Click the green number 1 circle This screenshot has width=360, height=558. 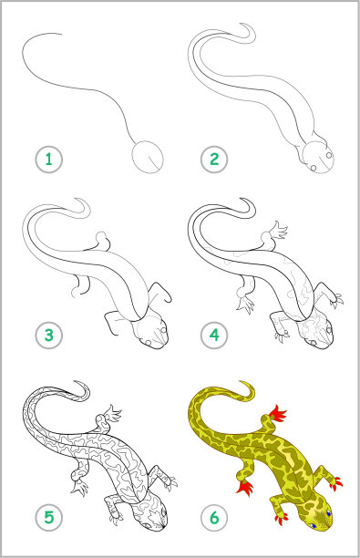(48, 160)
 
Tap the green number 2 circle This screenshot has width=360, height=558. (214, 160)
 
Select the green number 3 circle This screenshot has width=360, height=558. (48, 336)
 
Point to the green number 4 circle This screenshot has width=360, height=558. (214, 336)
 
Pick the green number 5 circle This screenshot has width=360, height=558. (48, 518)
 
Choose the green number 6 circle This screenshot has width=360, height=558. (214, 518)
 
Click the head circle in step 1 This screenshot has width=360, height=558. (148, 157)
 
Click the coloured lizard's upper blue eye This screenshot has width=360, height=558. (328, 512)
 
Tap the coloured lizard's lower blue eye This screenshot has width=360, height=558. (314, 525)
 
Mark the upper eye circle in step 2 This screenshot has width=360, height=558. (329, 155)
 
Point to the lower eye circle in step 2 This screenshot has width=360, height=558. (314, 168)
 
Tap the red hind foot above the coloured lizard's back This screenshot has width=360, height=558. (278, 413)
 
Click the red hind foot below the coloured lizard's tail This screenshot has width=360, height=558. (245, 487)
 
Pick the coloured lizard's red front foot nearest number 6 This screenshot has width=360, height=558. (282, 518)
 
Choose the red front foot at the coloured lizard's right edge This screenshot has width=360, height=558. (335, 483)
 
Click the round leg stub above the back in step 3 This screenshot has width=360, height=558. (102, 238)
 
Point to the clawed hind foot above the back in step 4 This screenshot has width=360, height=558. (279, 231)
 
